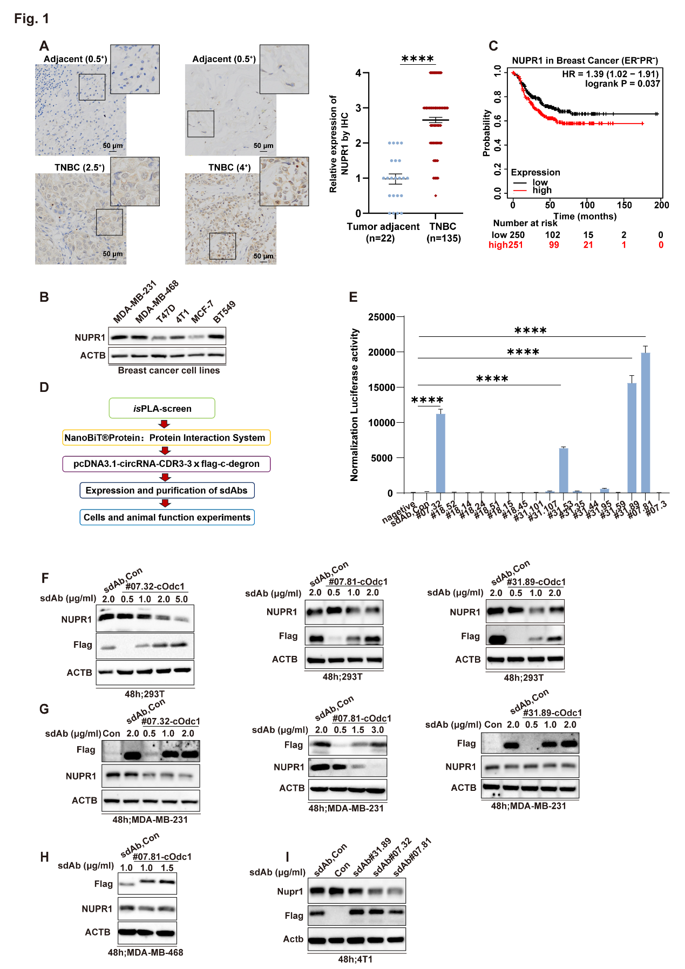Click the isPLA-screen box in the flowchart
coord(162,409)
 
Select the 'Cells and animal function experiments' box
coord(167,517)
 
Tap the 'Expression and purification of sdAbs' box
coord(166,490)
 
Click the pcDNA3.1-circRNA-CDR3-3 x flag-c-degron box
coord(166,464)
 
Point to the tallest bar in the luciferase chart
coord(645,422)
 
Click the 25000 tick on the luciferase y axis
coord(382,317)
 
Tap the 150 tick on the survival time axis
coord(624,205)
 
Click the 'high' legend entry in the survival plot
coord(541,190)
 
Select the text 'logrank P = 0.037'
coord(622,84)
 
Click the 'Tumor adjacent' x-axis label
coord(383,227)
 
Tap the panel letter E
coord(353,297)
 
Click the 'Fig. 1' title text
coord(31,18)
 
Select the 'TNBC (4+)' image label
coord(229,167)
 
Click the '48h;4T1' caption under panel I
coord(355,959)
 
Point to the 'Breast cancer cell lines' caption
coord(168,370)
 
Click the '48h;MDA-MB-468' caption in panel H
coord(145,952)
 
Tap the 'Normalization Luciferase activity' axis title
coord(354,405)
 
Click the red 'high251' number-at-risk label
coord(505,245)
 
